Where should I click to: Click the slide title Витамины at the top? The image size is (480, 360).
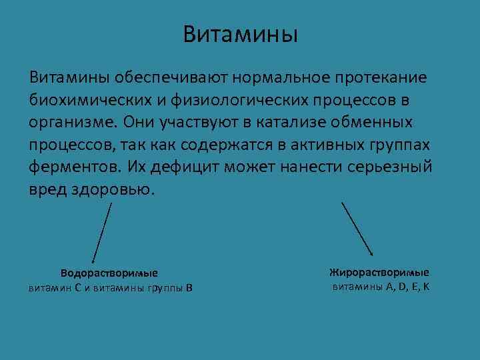coord(241,34)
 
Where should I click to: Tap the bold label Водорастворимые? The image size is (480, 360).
coord(109,273)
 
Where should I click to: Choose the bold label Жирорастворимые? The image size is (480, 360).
coord(379,273)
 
